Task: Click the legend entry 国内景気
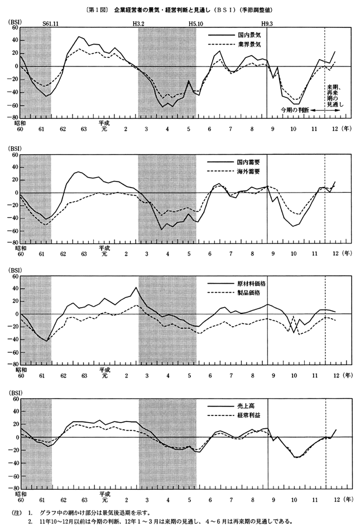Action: point(249,35)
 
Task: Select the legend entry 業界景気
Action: point(249,43)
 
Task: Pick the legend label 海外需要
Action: point(249,170)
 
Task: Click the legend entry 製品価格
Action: point(249,293)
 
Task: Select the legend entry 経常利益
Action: point(249,417)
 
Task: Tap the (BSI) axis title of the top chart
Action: point(14,22)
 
